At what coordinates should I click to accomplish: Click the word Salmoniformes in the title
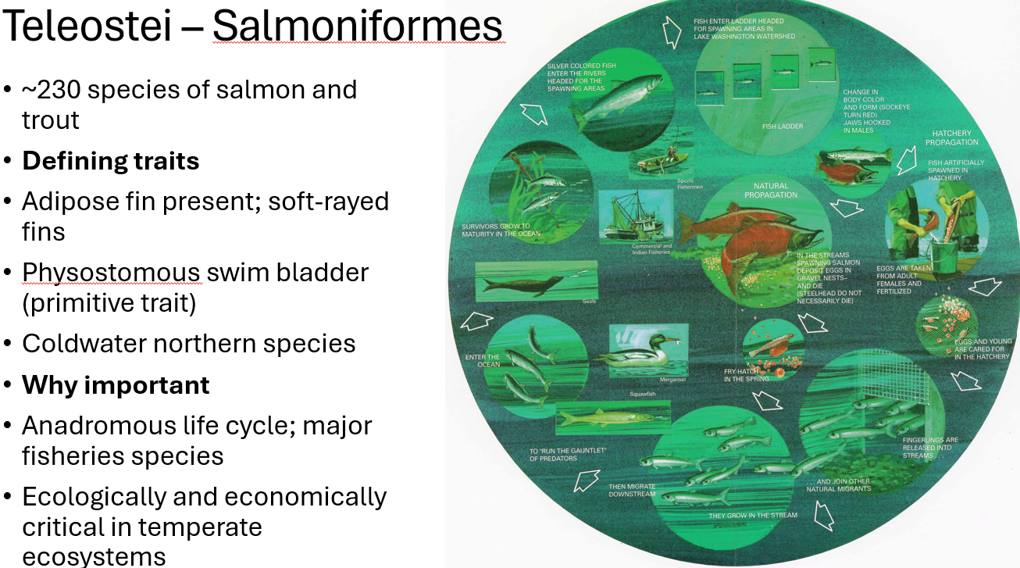click(357, 26)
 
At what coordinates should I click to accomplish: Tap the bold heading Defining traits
click(111, 161)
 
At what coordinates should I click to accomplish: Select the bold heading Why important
click(116, 384)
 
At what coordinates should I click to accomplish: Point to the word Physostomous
click(111, 272)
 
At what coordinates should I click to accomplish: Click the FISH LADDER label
click(783, 126)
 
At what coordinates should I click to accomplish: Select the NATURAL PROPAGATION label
click(771, 191)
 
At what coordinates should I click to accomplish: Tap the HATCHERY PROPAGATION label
click(951, 138)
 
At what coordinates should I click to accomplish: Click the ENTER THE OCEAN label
click(482, 360)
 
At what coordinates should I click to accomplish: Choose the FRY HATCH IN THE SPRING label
click(746, 375)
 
